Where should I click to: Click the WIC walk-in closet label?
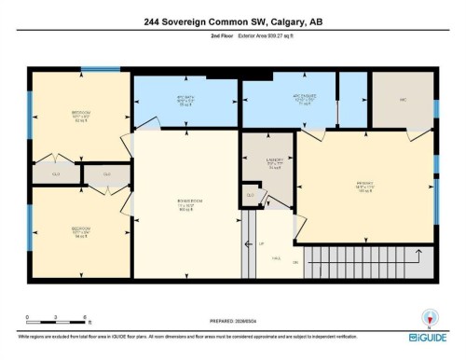tap(403, 100)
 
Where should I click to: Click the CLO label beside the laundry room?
tap(250, 194)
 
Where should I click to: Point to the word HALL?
tap(276, 264)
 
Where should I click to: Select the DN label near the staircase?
tap(295, 264)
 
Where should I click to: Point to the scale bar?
tap(56, 324)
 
